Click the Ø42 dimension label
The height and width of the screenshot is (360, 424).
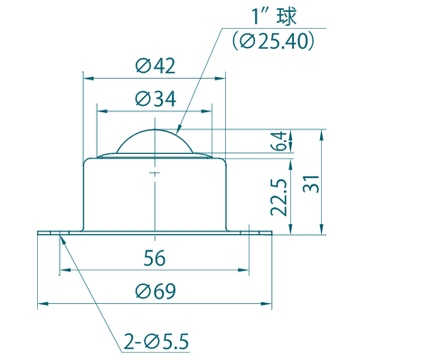click(x=155, y=66)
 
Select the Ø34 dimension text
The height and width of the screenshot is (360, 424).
click(x=155, y=99)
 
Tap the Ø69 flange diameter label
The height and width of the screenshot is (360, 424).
click(x=155, y=291)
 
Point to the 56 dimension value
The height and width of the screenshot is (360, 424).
click(x=155, y=258)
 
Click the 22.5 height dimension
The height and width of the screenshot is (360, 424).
click(x=278, y=197)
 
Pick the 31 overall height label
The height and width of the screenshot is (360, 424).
click(x=311, y=184)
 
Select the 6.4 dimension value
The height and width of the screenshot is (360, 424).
click(x=278, y=141)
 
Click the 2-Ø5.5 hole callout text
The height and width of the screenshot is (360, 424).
click(x=156, y=341)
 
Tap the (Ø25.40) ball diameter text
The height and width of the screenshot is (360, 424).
click(x=273, y=41)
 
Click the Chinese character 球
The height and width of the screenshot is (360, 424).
click(x=287, y=15)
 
